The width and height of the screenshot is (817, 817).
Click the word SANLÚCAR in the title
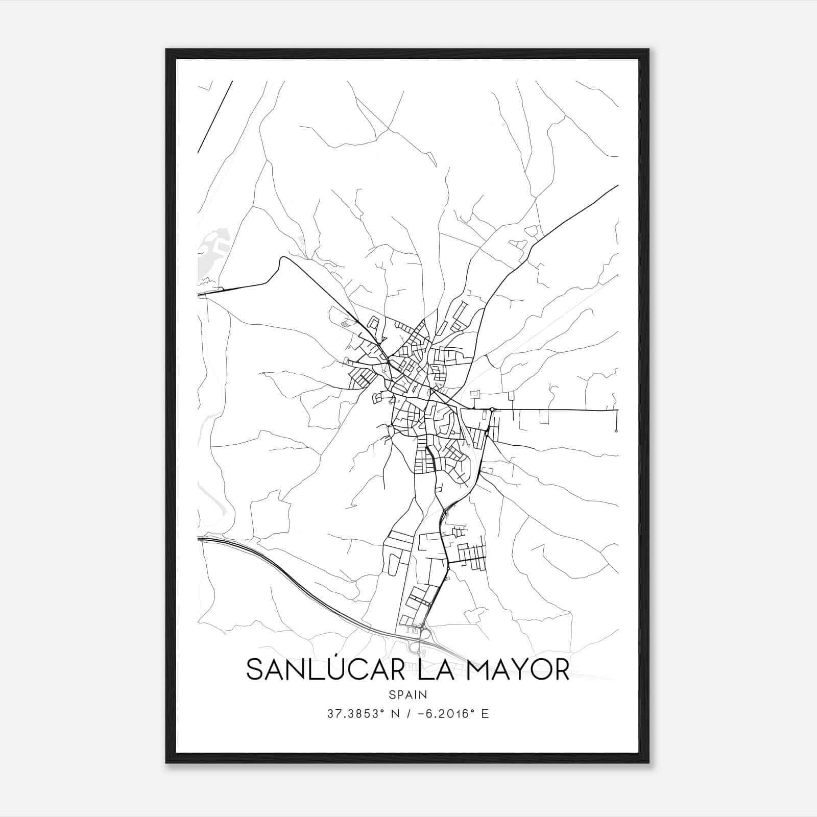click(x=327, y=670)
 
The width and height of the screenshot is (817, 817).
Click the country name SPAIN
click(x=408, y=695)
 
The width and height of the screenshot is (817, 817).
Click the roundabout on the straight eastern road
click(x=492, y=409)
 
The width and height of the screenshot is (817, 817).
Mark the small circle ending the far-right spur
click(x=616, y=431)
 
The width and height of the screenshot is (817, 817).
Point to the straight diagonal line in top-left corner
click(x=214, y=117)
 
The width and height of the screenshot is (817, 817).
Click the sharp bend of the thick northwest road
click(x=282, y=259)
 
